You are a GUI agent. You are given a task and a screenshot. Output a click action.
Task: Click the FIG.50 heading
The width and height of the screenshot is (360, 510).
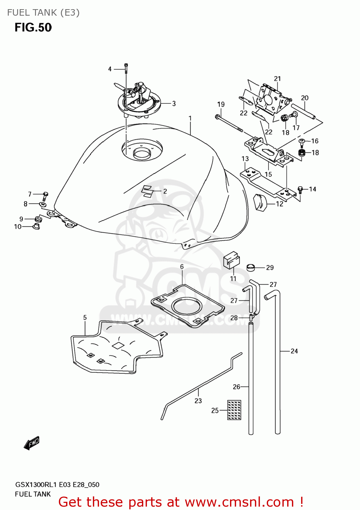pos(33,28)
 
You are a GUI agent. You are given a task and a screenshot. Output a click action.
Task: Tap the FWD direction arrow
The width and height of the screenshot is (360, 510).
pos(32,443)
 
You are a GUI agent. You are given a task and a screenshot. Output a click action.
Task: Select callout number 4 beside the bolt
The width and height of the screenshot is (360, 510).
pos(110,69)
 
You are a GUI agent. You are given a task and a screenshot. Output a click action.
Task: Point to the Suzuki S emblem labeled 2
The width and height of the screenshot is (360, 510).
pos(147,191)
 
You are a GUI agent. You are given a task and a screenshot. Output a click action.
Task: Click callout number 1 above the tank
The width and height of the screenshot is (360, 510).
pos(190,118)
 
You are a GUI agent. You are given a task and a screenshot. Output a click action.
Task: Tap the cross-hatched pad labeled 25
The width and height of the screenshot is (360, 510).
pos(234,410)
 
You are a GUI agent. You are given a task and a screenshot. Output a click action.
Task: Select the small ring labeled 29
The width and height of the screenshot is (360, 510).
pos(251,268)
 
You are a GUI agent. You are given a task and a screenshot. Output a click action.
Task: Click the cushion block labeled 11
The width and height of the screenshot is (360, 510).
pos(231,260)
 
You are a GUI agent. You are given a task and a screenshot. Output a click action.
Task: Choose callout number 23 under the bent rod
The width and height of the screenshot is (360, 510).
pos(198,401)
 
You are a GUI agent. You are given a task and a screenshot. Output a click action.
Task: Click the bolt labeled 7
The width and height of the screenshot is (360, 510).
pos(45,196)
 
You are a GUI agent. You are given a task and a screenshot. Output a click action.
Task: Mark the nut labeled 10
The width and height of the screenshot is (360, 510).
pos(36,226)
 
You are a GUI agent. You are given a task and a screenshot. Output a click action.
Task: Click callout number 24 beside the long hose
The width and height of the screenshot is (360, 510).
pos(294,351)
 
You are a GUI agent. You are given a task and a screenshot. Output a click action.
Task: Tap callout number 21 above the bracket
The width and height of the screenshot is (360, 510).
pos(277,79)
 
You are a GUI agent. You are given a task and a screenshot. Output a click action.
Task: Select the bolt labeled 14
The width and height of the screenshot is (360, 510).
pos(300,190)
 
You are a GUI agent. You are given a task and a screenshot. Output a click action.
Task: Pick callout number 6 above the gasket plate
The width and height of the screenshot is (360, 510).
pos(182,267)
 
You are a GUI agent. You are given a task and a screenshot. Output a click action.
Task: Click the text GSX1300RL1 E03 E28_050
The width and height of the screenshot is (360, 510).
pos(57,485)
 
